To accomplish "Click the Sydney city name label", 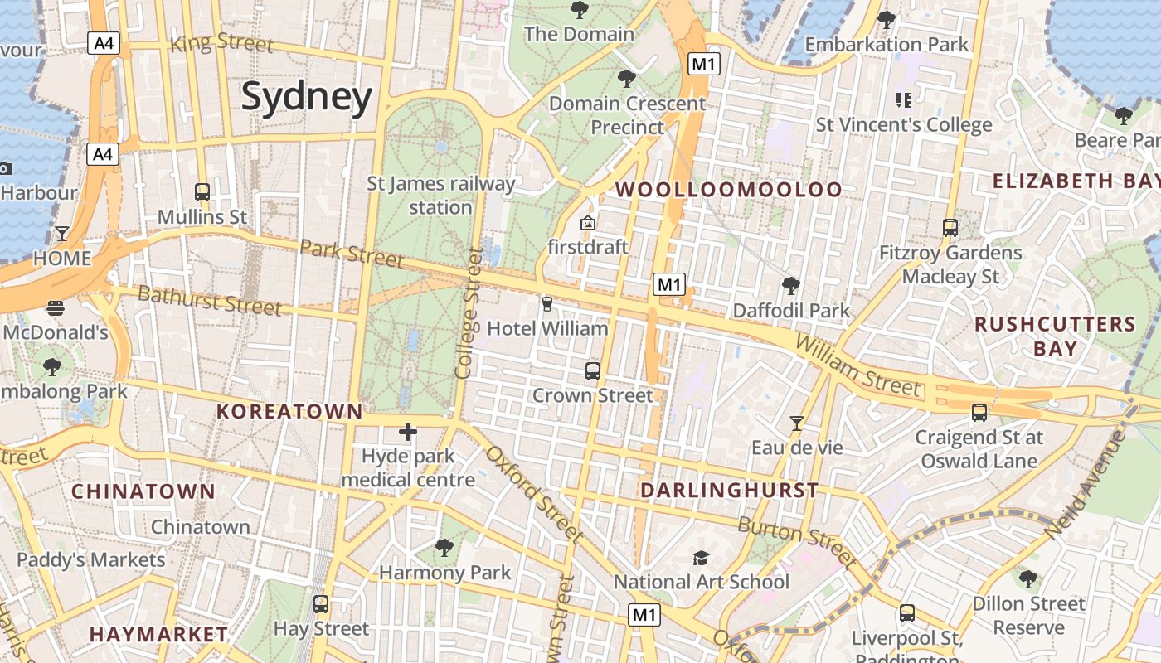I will (307, 97).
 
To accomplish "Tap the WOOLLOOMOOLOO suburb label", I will (729, 190).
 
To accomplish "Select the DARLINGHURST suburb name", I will (730, 490).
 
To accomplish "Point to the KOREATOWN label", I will (289, 411).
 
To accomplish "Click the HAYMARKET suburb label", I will (158, 634).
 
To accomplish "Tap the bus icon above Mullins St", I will (202, 191).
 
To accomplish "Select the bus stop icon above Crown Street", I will (593, 370).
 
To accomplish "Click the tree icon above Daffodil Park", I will (791, 286).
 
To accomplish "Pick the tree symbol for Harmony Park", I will (444, 547).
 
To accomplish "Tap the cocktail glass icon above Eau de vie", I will (797, 423).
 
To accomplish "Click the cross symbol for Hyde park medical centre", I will (408, 431).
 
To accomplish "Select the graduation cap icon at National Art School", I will (701, 558).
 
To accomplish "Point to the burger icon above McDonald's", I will (56, 308).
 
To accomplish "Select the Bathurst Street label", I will (209, 300).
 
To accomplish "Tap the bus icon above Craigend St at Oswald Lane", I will (979, 412).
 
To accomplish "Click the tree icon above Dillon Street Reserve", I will (1028, 578).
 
